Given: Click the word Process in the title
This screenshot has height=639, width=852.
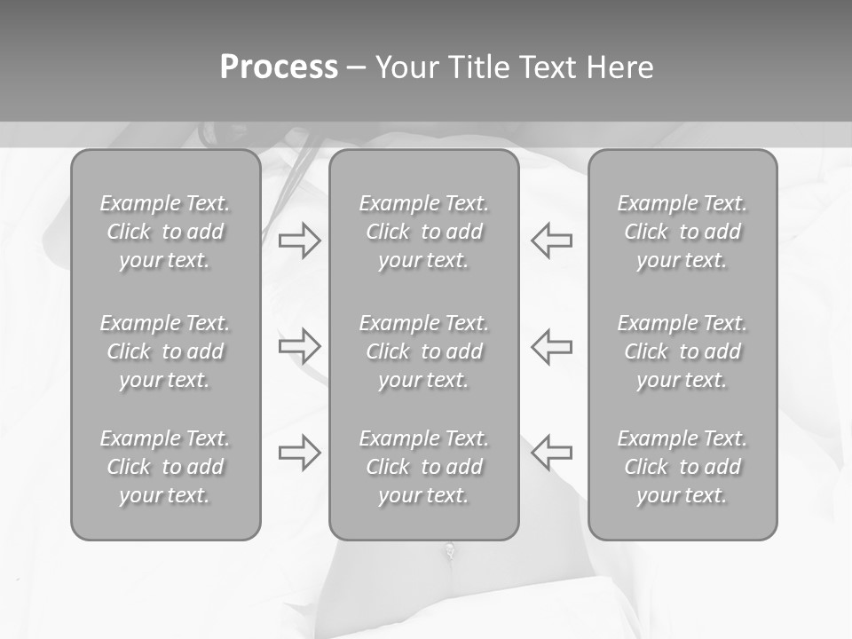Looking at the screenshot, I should pos(279,67).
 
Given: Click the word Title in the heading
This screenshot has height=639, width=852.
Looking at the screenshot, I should pos(478,67).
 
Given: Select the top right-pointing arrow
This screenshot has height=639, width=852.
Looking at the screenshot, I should pos(299,240).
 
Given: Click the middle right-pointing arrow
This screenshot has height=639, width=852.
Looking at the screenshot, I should pos(299,346).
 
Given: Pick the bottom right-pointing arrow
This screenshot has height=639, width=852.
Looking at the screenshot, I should pos(299,453).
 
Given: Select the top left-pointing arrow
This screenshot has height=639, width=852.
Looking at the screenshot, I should pos(551,240).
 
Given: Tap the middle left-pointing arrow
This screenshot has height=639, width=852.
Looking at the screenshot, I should pos(551,346).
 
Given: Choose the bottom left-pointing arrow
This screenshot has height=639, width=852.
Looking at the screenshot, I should pos(551,453).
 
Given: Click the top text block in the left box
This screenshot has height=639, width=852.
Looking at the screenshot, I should pos(165,232).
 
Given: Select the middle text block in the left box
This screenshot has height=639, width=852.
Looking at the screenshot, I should pos(165,351).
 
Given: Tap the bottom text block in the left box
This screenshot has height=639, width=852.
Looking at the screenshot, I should pos(165,467).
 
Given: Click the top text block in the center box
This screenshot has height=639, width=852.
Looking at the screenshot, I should pos(423,232).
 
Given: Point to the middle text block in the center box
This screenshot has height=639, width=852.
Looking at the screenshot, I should pos(423,351).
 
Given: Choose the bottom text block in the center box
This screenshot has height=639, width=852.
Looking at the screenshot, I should pos(423,467).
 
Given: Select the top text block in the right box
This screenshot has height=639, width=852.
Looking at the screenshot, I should pos(682,232).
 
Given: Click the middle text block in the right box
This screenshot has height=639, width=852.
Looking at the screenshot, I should pos(682,351).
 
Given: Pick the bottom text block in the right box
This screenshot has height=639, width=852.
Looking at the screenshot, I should pos(682,467).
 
